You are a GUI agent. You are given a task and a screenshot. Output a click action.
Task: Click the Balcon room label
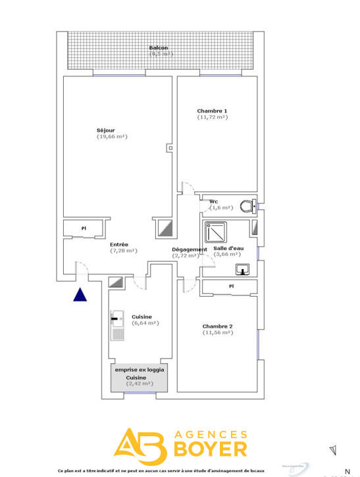159,48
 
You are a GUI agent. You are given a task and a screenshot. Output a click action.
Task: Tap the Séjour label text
105,130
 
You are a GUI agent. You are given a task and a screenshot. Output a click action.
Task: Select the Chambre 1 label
212,111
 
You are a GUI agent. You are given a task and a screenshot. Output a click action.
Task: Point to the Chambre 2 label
217,326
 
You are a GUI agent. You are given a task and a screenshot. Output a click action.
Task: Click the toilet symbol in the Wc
247,207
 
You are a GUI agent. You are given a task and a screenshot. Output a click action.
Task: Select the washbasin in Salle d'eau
243,268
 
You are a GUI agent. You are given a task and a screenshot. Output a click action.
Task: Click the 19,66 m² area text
112,137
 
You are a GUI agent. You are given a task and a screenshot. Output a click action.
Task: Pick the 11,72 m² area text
212,117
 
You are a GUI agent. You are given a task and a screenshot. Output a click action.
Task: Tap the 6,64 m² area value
145,323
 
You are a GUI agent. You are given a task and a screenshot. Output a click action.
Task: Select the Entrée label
119,244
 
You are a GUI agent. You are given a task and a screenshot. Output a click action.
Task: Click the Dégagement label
190,249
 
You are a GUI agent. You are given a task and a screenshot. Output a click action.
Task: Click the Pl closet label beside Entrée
84,228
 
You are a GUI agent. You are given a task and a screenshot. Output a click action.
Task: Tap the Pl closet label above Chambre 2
231,286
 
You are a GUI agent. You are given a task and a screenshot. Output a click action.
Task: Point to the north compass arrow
333,450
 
